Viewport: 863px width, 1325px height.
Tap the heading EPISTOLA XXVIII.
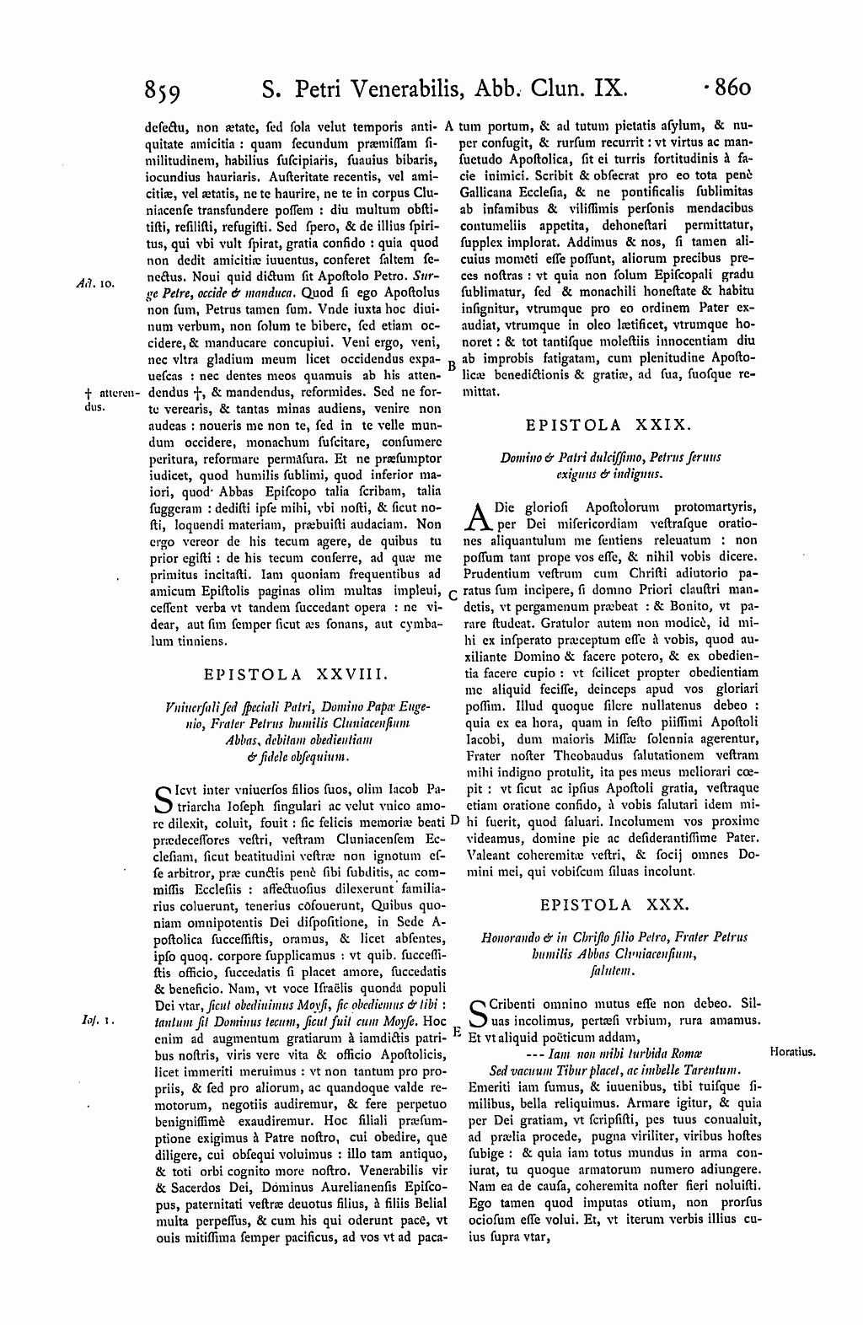296,673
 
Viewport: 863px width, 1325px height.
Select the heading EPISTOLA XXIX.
608,426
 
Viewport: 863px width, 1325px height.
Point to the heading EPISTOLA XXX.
615,904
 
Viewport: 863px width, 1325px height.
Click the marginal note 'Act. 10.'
88,283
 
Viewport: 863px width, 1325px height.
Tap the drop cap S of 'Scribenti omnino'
476,1013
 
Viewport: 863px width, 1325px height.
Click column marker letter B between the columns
452,366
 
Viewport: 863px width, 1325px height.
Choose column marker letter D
454,819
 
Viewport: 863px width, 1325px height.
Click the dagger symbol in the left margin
88,393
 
